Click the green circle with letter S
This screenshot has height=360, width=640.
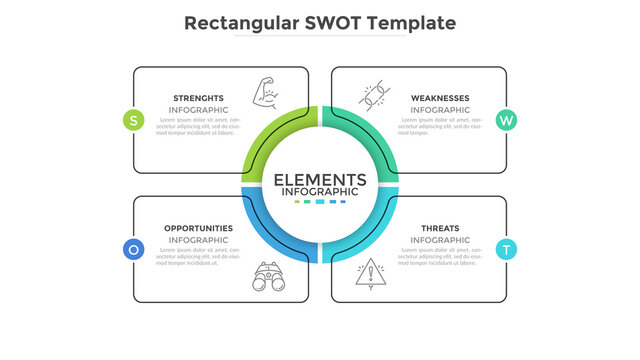pyautogui.click(x=134, y=120)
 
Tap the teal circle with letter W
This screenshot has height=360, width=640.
pyautogui.click(x=506, y=120)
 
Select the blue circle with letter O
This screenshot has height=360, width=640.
pyautogui.click(x=134, y=249)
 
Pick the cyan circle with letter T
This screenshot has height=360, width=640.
pyautogui.click(x=506, y=249)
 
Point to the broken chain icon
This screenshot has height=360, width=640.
pyautogui.click(x=374, y=96)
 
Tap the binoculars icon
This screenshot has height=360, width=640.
pyautogui.click(x=266, y=276)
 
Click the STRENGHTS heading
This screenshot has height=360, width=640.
pyautogui.click(x=198, y=98)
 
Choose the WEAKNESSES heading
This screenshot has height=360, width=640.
pyautogui.click(x=440, y=98)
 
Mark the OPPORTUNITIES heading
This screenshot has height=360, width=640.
pyautogui.click(x=198, y=228)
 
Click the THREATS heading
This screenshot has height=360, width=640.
pyautogui.click(x=440, y=228)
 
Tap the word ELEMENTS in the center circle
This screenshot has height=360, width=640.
pyautogui.click(x=320, y=179)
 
